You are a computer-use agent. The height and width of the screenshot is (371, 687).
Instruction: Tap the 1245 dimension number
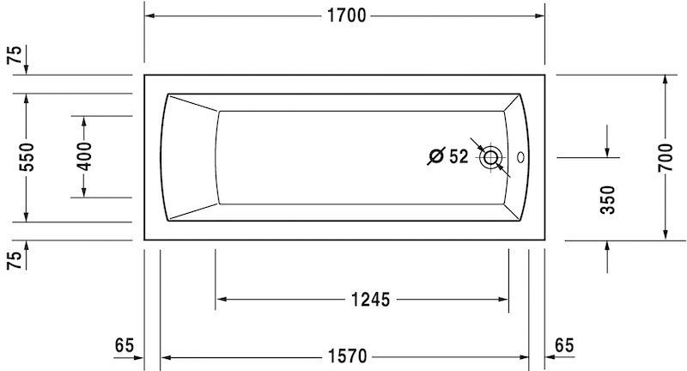[x=370, y=299]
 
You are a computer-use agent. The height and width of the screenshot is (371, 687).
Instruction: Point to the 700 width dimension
[x=665, y=157]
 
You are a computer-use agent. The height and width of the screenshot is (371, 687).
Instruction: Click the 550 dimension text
[x=27, y=157]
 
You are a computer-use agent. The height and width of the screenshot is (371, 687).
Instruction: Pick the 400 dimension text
[x=83, y=156]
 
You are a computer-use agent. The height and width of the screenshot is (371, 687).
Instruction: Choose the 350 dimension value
[x=608, y=200]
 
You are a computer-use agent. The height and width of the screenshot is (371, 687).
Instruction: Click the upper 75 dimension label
[x=13, y=57]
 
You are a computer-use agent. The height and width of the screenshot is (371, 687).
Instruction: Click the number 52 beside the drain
[x=458, y=156]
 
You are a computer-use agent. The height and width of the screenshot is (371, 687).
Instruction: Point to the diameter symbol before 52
[x=435, y=156]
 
